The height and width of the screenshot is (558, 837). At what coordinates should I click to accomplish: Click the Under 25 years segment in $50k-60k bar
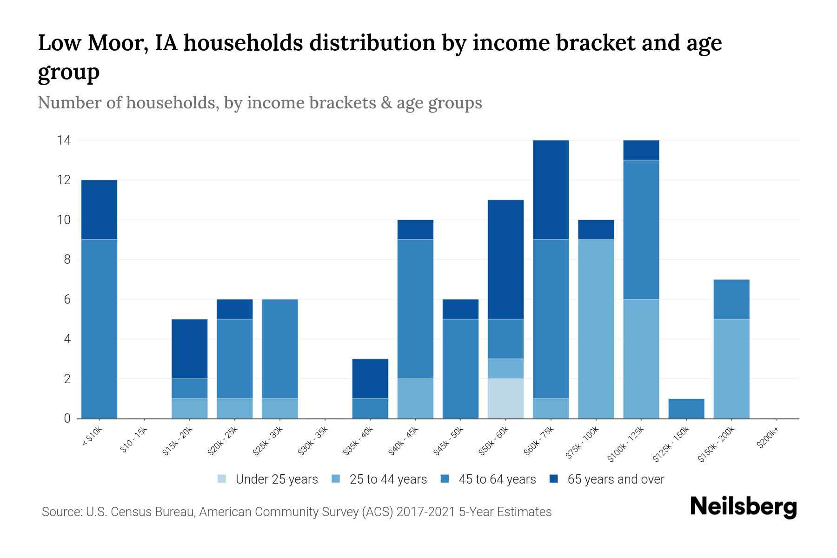coord(505,399)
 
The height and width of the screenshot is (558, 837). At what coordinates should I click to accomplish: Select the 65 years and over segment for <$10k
coord(99,210)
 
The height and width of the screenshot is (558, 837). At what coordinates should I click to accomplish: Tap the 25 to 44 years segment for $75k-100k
coord(596,329)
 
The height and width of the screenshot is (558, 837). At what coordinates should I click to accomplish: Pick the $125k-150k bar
coord(686,408)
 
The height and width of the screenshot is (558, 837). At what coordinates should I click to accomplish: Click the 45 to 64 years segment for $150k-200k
coord(731,299)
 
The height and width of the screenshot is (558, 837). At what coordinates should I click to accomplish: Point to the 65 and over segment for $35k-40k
coord(370,379)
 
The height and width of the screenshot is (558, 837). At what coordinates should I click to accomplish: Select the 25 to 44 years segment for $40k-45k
coord(415,399)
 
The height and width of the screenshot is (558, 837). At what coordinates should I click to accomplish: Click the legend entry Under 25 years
coord(276,479)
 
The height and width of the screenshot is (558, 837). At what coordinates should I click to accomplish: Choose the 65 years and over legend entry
coord(615,479)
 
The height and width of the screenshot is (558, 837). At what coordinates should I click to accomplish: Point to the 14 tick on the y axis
coord(64,140)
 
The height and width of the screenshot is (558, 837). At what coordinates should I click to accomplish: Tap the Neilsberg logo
coord(743,507)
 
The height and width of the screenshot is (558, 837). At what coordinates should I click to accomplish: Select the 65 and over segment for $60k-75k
coord(551,190)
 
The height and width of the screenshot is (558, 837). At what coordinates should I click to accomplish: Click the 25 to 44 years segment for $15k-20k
coord(189,408)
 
